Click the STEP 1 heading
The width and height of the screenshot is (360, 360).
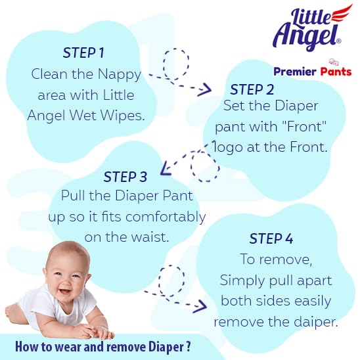[x=83, y=53]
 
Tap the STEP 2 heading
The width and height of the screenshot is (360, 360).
[x=252, y=89]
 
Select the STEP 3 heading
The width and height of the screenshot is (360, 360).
[x=125, y=177]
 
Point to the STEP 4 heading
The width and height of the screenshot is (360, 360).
[x=271, y=238]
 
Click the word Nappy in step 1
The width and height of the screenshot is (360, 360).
[x=119, y=75]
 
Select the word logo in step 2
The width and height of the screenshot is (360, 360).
[x=227, y=147]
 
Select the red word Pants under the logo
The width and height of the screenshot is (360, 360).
[x=336, y=72]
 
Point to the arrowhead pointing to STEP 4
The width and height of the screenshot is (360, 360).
[x=200, y=306]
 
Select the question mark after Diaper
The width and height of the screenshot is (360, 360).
[x=189, y=347]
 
